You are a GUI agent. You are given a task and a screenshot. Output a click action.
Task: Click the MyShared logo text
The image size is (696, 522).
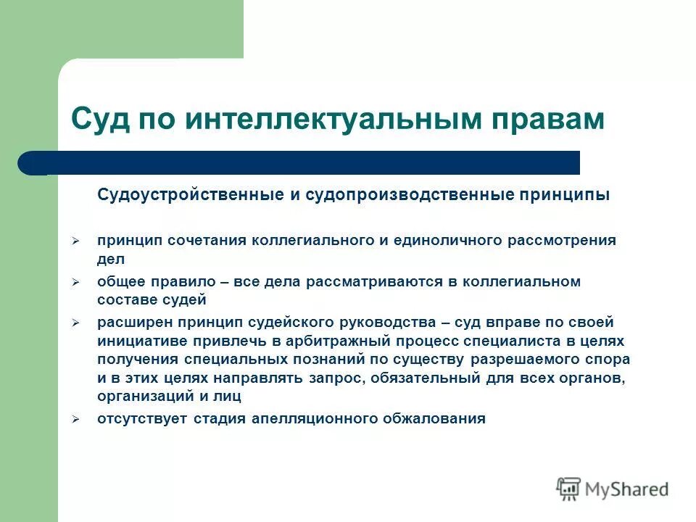pyautogui.click(x=628, y=489)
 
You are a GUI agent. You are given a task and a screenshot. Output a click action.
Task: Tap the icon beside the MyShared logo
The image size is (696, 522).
pyautogui.click(x=568, y=489)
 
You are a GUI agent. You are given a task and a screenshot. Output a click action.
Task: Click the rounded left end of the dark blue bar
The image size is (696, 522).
pyautogui.click(x=30, y=163)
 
